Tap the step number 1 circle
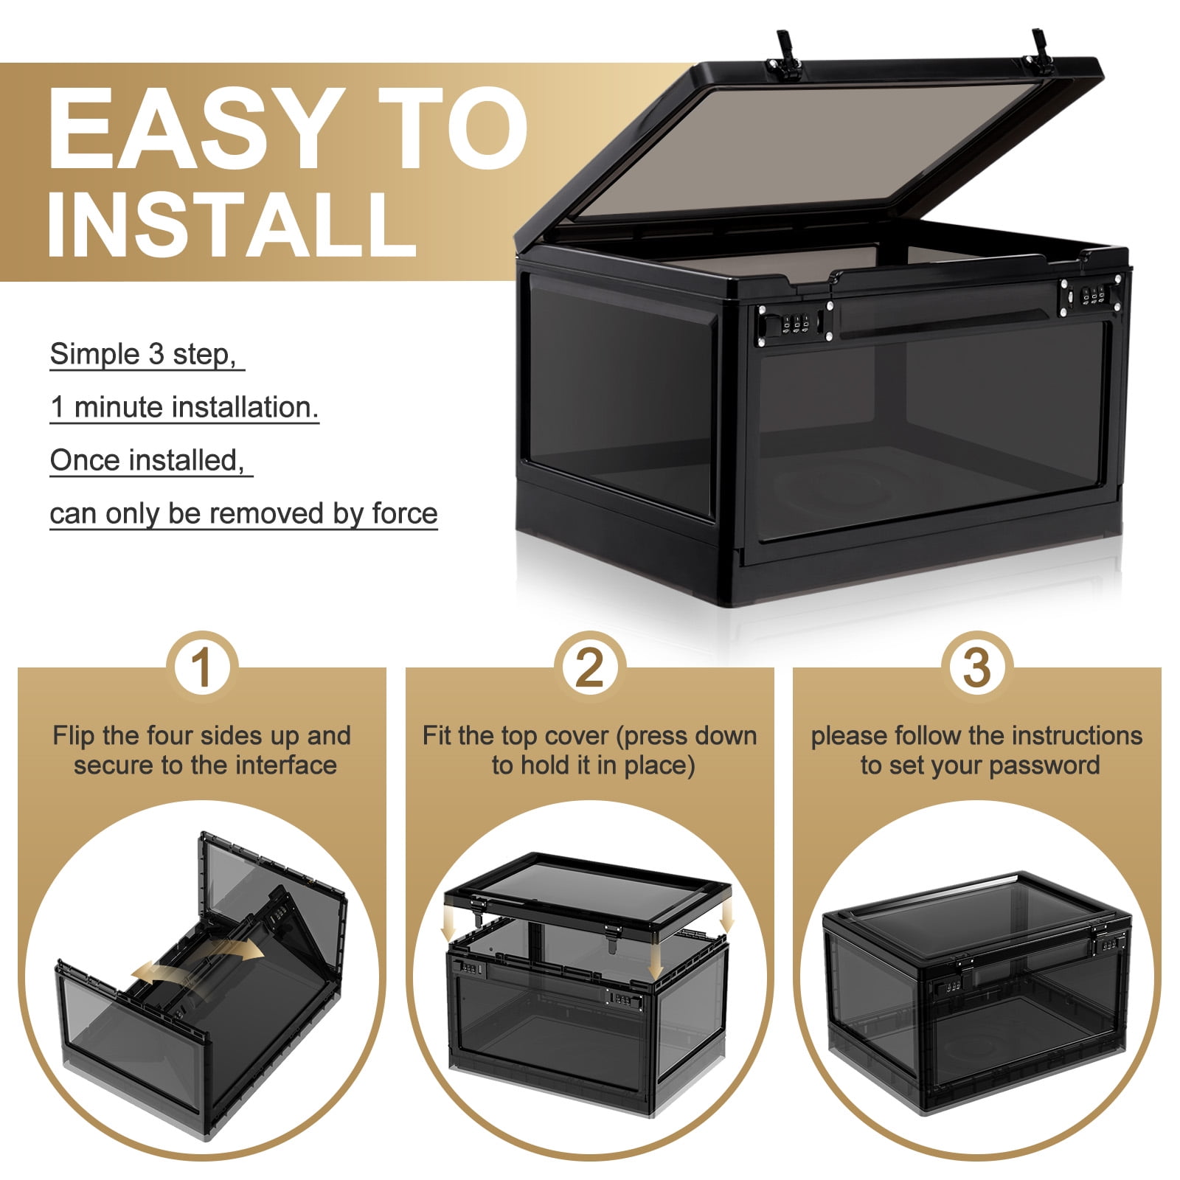[x=201, y=667]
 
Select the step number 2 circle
[x=589, y=667]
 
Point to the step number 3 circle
[x=976, y=667]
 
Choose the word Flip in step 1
[x=74, y=736]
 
